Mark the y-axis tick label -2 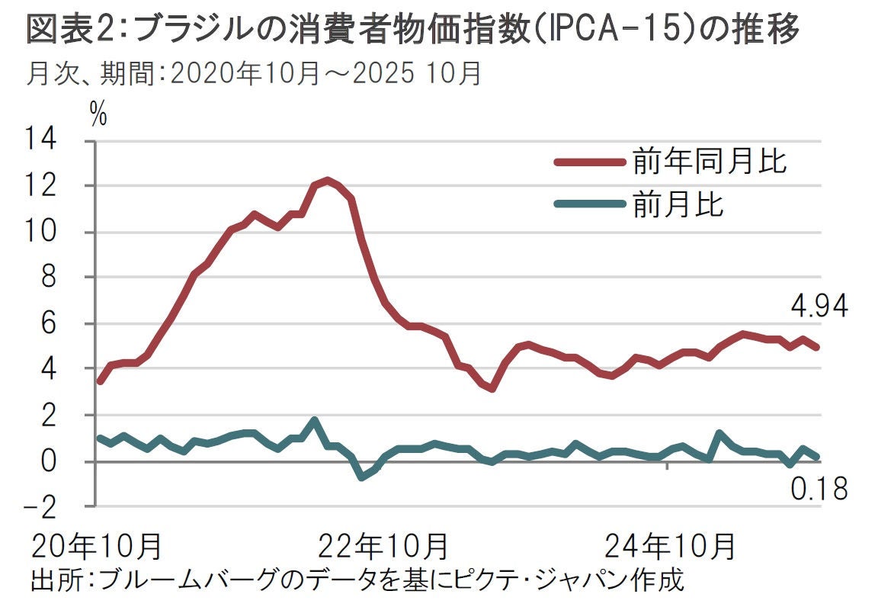pyautogui.click(x=43, y=506)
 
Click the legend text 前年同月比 pyautogui.click(x=709, y=162)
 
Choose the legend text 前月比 pyautogui.click(x=678, y=204)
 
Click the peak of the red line pyautogui.click(x=327, y=181)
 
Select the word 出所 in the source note pyautogui.click(x=53, y=580)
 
